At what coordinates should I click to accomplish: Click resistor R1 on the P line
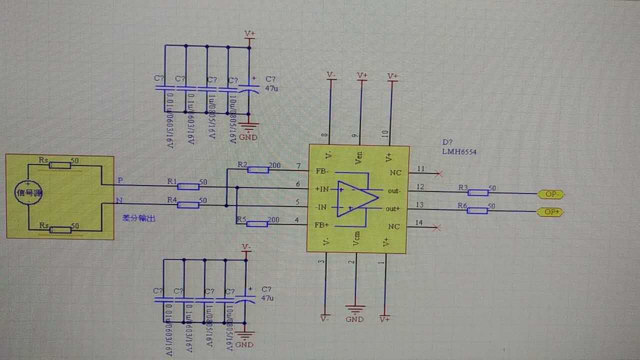click(x=188, y=186)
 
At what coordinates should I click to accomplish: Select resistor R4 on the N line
click(x=188, y=204)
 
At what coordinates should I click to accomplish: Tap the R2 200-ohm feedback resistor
click(x=258, y=170)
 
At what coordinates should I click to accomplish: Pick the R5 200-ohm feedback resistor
click(x=257, y=223)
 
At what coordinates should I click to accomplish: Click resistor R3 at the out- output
click(x=478, y=192)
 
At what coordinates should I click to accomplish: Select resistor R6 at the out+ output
click(x=477, y=210)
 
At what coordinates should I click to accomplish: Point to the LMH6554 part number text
click(x=458, y=151)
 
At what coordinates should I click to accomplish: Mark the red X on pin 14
click(x=438, y=227)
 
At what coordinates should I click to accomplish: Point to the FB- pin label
click(x=321, y=171)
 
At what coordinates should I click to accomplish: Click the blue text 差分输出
click(x=138, y=218)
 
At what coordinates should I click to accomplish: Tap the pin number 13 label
click(x=419, y=204)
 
